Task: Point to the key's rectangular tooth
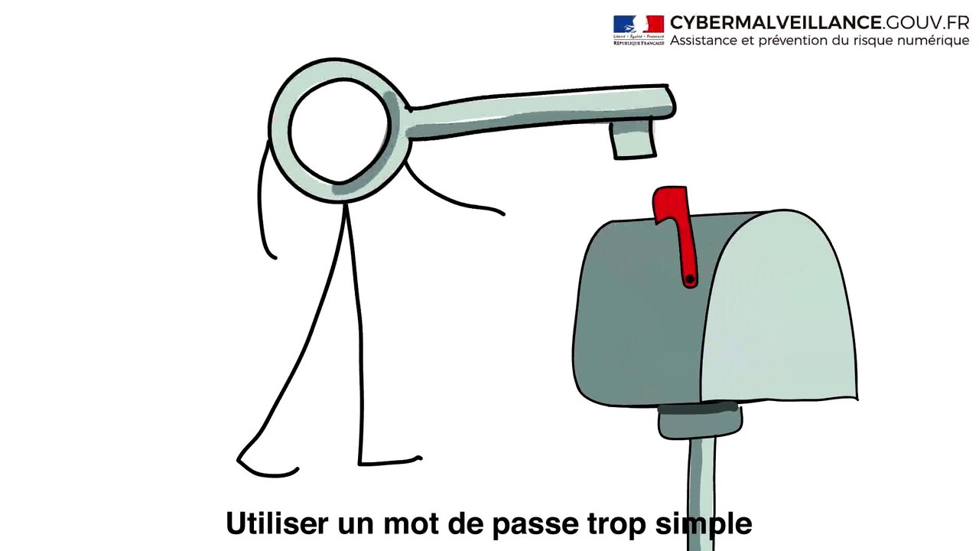(633, 141)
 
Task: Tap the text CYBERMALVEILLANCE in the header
(776, 22)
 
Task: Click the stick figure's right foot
(390, 461)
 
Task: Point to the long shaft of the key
(535, 113)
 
